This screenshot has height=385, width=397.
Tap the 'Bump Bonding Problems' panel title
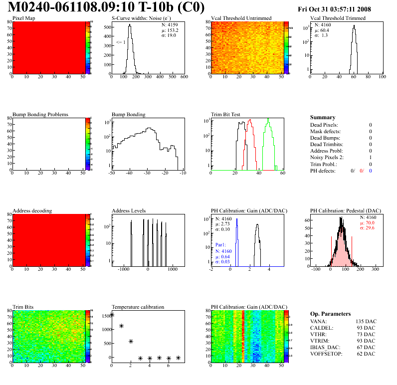tap(40, 114)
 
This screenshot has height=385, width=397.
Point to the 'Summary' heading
tap(323, 117)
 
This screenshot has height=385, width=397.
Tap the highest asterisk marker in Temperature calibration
tap(112, 315)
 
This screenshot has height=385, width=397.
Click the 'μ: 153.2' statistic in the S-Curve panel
tap(169, 30)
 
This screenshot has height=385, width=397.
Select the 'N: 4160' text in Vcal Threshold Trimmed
tap(323, 24)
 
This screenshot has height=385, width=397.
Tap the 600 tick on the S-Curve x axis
tap(184, 77)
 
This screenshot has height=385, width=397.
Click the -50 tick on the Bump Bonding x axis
tap(112, 173)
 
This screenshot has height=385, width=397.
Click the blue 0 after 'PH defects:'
tap(371, 171)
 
